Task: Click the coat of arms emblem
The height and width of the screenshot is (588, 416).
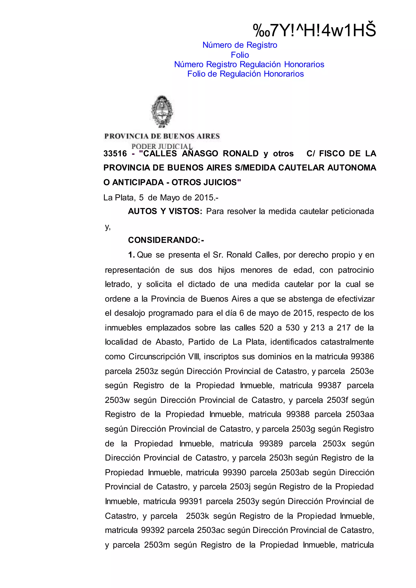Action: pos(162,112)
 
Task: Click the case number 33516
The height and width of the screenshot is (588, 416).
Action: pos(115,153)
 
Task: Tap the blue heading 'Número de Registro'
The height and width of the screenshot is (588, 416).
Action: pos(240,45)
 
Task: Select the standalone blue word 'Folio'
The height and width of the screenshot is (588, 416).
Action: pos(240,55)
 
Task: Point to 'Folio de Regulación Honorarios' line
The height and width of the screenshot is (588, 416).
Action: pos(245,74)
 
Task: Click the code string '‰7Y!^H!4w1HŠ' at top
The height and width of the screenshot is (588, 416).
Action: pos(314,30)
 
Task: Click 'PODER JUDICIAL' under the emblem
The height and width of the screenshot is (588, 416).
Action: pos(162,146)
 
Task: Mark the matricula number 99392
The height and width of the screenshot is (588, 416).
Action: pos(153,530)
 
